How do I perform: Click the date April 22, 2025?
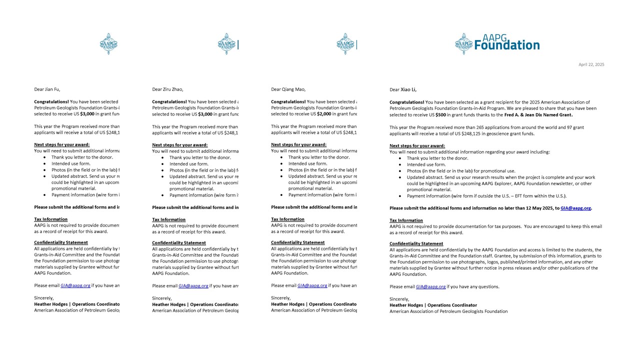pos(591,64)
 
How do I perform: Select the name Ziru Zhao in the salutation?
pos(172,89)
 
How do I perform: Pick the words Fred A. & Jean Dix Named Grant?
pos(538,115)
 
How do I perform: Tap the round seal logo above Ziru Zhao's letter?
pos(226,44)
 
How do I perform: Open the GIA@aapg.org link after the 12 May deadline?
pos(575,208)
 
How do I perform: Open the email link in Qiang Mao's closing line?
pos(312,285)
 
